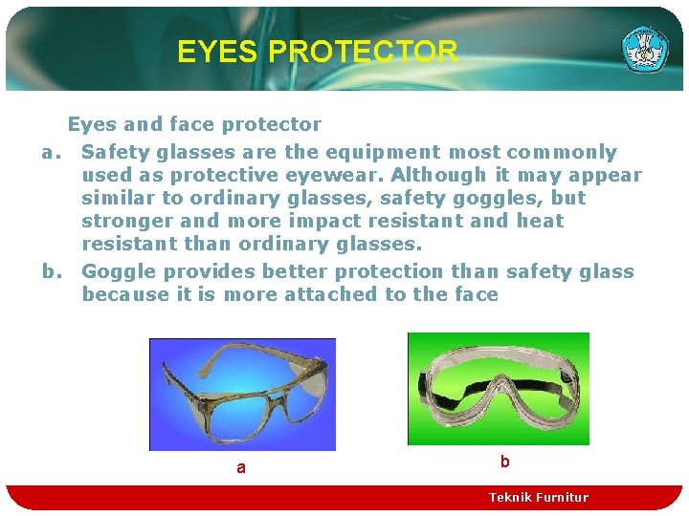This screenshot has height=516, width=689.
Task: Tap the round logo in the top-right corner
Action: pos(645,49)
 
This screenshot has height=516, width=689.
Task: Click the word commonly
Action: pos(562,152)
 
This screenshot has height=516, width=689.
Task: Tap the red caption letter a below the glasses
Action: pos(240,468)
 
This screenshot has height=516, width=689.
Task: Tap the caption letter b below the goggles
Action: pos(504,462)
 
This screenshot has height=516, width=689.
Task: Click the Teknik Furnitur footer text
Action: pos(538,497)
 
